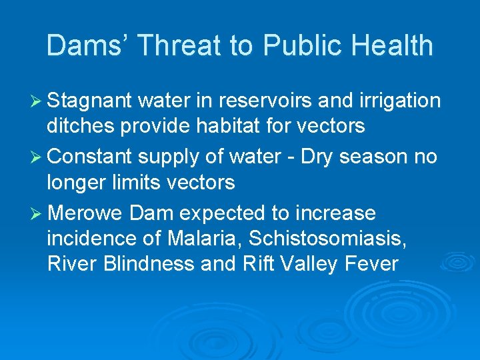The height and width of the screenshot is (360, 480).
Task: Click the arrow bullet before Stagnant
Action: click(x=39, y=101)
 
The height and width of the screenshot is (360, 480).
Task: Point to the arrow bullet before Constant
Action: click(x=39, y=157)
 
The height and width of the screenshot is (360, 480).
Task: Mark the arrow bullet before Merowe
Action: click(x=39, y=214)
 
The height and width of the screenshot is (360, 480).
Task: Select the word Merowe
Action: click(x=87, y=213)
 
